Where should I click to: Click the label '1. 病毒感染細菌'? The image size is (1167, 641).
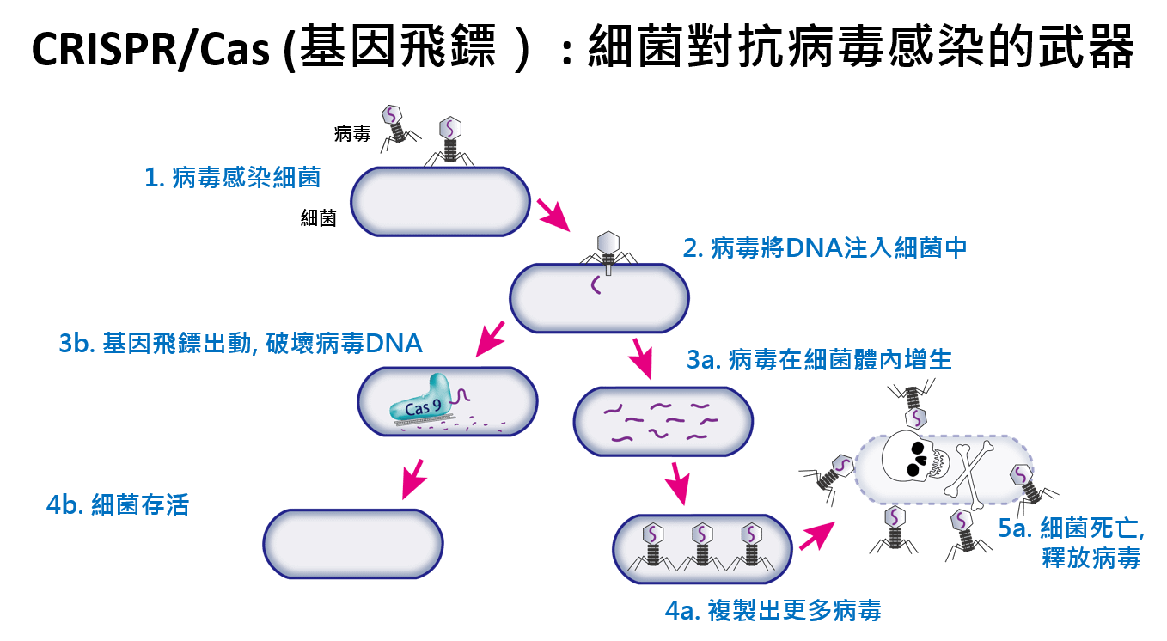coord(232,178)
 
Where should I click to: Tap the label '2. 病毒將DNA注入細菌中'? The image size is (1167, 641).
coord(825,248)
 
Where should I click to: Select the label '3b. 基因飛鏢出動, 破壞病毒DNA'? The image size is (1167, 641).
coord(241,343)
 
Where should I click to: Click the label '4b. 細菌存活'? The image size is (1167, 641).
coord(117,504)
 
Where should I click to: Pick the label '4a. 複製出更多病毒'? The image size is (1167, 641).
coord(773,611)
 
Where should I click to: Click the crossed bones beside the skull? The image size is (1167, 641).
coord(971,469)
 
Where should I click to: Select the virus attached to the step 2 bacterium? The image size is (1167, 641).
coord(608,250)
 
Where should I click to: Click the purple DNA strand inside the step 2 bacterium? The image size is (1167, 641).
coord(594,284)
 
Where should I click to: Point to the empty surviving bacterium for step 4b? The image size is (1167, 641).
coord(352,543)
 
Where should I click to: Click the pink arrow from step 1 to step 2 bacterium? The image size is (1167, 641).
coord(553,216)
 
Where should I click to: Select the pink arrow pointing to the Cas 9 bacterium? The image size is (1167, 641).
coord(490,339)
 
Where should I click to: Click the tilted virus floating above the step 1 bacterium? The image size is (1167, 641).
coord(394,123)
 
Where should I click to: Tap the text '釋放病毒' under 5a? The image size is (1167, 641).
coord(1091,559)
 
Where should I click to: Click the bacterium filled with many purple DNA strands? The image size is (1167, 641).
coord(663,421)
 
